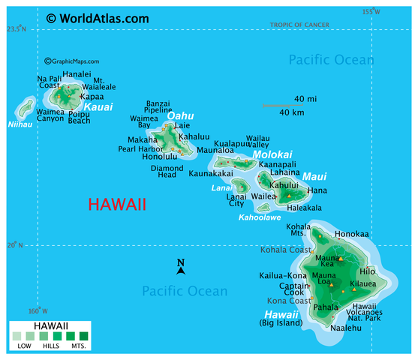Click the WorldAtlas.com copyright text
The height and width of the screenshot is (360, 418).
[97, 17]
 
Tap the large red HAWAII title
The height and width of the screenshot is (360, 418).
[117, 205]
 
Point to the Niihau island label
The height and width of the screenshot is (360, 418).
[20, 124]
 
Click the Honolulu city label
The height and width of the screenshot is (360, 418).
[159, 156]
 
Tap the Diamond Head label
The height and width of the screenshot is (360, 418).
[167, 172]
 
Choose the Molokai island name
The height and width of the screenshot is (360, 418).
[271, 154]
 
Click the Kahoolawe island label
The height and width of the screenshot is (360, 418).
[259, 217]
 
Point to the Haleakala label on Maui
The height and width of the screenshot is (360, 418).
[304, 208]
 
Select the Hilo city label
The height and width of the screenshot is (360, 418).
[367, 271]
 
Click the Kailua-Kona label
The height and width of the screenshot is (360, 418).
[282, 276]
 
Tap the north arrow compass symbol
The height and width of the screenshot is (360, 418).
[181, 266]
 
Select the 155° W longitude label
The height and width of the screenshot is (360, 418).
[371, 11]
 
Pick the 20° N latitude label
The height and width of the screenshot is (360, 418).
[15, 245]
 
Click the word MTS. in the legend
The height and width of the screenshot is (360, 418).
[78, 346]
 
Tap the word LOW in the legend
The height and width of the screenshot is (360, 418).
[25, 346]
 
